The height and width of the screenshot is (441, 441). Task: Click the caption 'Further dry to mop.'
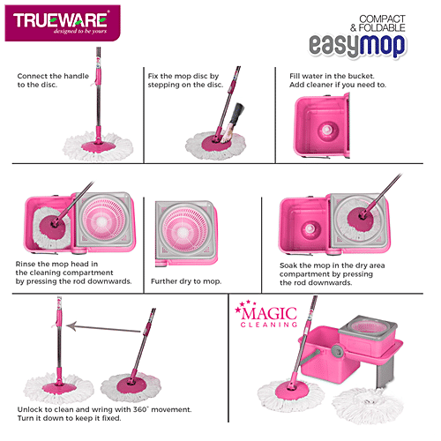[x=187, y=280]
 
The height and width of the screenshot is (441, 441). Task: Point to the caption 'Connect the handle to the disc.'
[x=52, y=81]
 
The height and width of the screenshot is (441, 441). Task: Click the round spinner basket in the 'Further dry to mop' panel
[x=185, y=233]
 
